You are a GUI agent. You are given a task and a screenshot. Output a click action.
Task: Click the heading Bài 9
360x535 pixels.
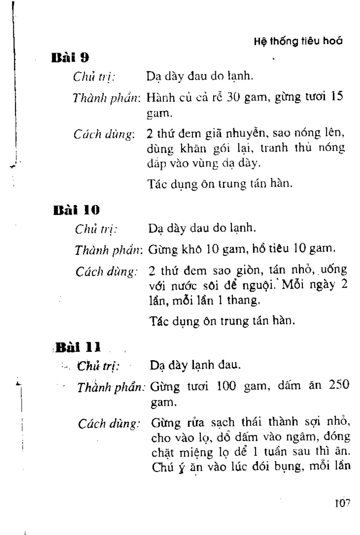pyautogui.click(x=70, y=57)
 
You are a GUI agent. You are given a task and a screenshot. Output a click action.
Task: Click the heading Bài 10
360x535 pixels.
pyautogui.click(x=77, y=210)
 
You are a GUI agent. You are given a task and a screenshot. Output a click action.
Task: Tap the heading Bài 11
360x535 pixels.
pyautogui.click(x=78, y=347)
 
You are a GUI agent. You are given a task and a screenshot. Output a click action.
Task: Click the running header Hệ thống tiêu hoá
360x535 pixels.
pyautogui.click(x=298, y=41)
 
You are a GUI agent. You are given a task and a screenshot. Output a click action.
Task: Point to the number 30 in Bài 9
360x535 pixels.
pyautogui.click(x=233, y=97)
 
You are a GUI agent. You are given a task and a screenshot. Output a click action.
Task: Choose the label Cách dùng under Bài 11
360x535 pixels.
pyautogui.click(x=109, y=424)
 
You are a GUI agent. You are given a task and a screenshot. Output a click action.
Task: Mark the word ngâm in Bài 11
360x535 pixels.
pyautogui.click(x=304, y=437)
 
